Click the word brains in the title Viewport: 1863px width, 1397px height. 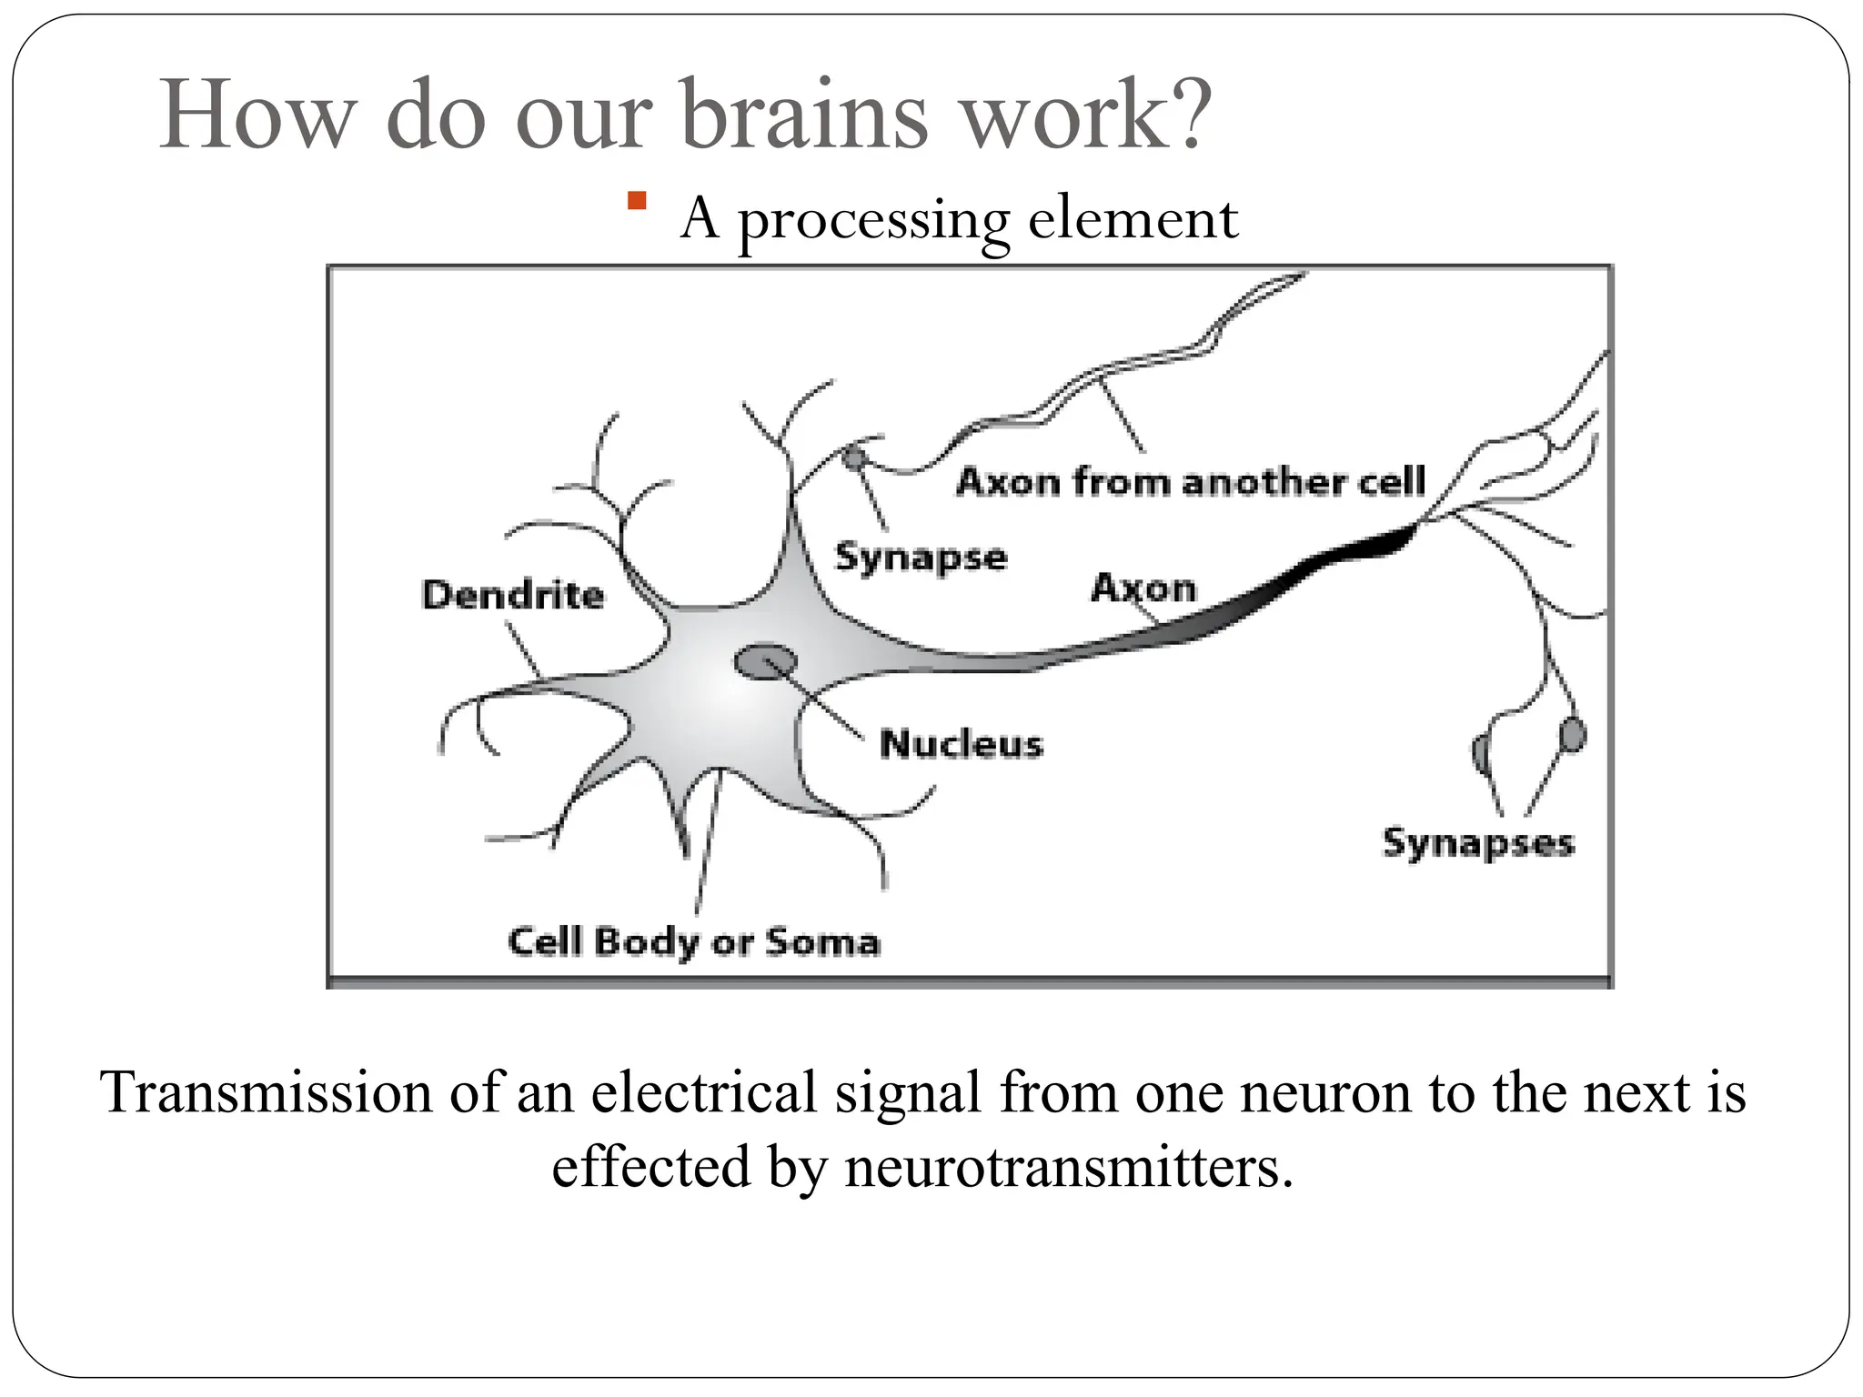coord(804,116)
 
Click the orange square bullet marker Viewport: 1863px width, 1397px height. coord(637,201)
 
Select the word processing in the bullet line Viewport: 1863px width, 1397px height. coord(873,220)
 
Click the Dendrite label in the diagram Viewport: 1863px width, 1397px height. coord(513,596)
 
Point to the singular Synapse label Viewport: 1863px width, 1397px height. coord(921,558)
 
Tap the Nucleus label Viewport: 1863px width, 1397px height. coord(961,744)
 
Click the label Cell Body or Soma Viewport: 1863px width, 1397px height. coord(694,942)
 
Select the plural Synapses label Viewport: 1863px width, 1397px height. coord(1477,843)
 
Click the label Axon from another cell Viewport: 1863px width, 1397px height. coord(1190,482)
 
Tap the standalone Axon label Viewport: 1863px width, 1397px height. coord(1143,588)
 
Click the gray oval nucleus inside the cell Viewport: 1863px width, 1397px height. coord(765,661)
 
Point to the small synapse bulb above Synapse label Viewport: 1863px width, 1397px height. coord(852,457)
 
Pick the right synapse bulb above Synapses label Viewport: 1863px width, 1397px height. coord(1572,735)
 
